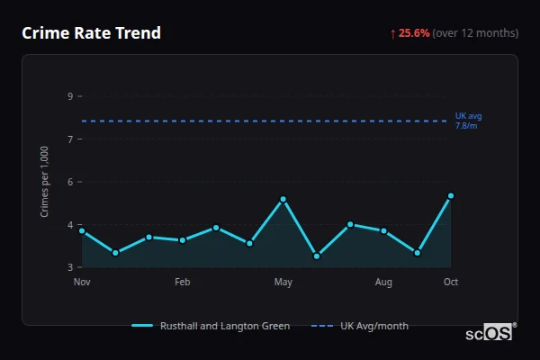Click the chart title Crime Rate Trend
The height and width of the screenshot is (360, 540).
click(92, 33)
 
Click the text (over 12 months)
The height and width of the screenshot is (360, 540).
click(475, 33)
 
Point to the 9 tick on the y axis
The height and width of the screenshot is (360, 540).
click(70, 96)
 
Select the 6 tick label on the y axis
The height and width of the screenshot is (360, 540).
click(70, 182)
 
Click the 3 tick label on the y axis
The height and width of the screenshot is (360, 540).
click(70, 267)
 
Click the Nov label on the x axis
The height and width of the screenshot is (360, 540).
click(82, 283)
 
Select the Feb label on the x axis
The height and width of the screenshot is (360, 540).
click(183, 283)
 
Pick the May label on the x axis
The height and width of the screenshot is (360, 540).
click(283, 283)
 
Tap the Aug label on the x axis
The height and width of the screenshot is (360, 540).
click(383, 283)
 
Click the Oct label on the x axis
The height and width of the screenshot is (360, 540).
click(451, 283)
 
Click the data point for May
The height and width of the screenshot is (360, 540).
click(283, 199)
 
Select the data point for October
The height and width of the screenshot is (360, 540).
click(451, 195)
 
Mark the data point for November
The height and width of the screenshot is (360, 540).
click(82, 230)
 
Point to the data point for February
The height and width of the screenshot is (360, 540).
click(183, 240)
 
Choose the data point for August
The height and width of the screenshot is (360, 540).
click(383, 231)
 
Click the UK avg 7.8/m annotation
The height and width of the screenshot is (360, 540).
click(469, 121)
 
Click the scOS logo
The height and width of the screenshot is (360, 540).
click(490, 333)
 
